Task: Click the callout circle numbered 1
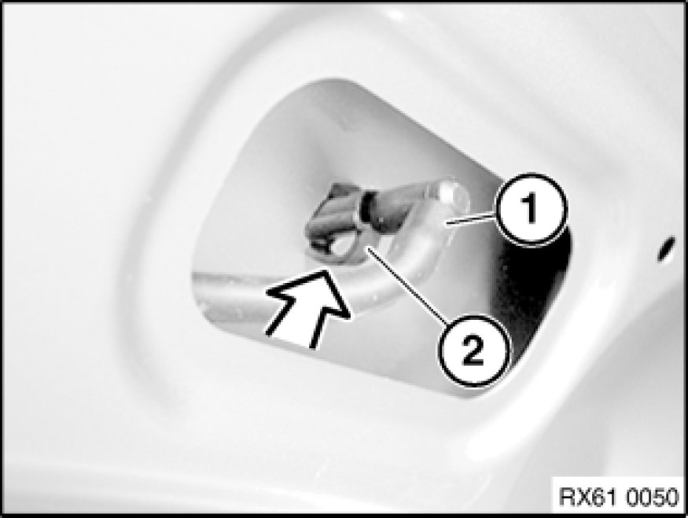pos(531,209)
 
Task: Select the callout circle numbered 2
pos(473,351)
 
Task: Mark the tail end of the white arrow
pos(289,342)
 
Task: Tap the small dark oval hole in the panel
pos(666,248)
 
